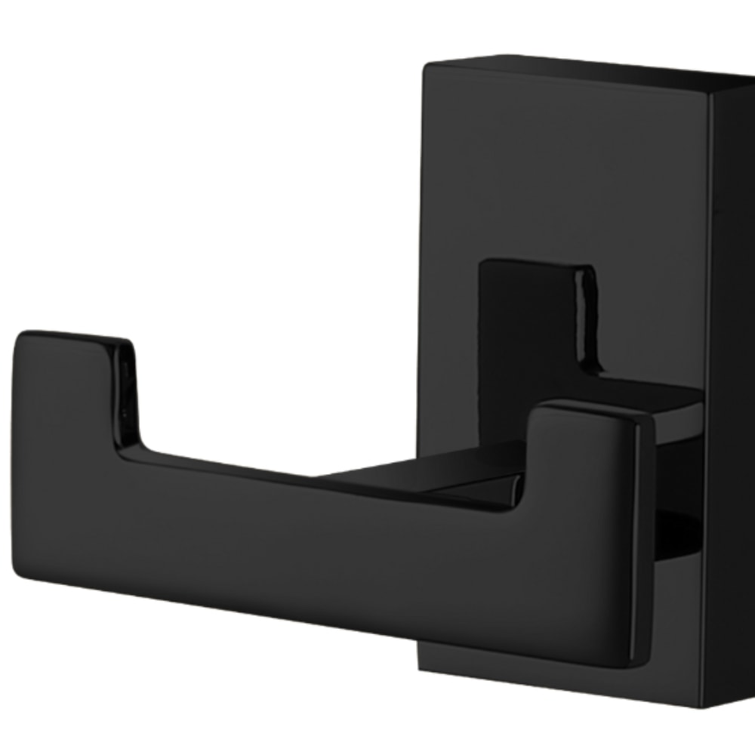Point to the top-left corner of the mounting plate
[424, 66]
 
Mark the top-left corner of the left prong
[20, 334]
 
